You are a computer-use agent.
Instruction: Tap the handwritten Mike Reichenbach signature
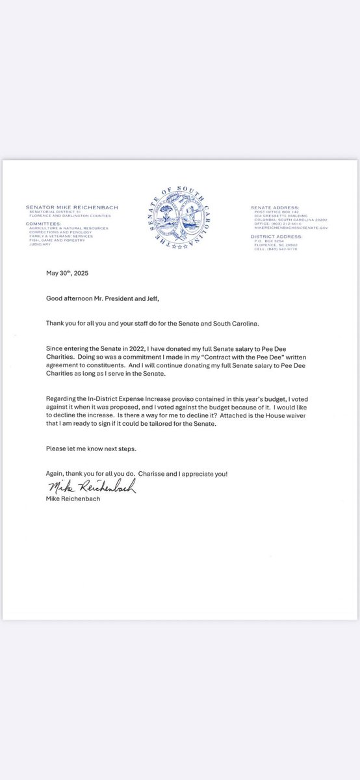coord(91,487)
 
